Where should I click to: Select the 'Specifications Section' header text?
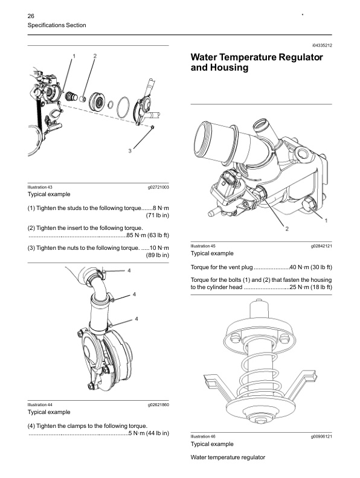pos(57,25)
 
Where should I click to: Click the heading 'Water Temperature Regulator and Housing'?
pos(256,62)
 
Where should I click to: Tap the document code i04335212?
pos(322,45)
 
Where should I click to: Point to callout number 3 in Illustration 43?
pos(130,150)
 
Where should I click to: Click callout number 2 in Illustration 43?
pos(95,56)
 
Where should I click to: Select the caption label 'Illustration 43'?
pos(40,188)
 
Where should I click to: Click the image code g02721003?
pos(158,188)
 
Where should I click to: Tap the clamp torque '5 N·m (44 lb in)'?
pos(148,433)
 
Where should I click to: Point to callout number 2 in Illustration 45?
pos(287,229)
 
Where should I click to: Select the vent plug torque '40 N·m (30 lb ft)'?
pos(310,267)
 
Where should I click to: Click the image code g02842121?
pos(321,247)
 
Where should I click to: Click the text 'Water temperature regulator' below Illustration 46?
pos(228,457)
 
